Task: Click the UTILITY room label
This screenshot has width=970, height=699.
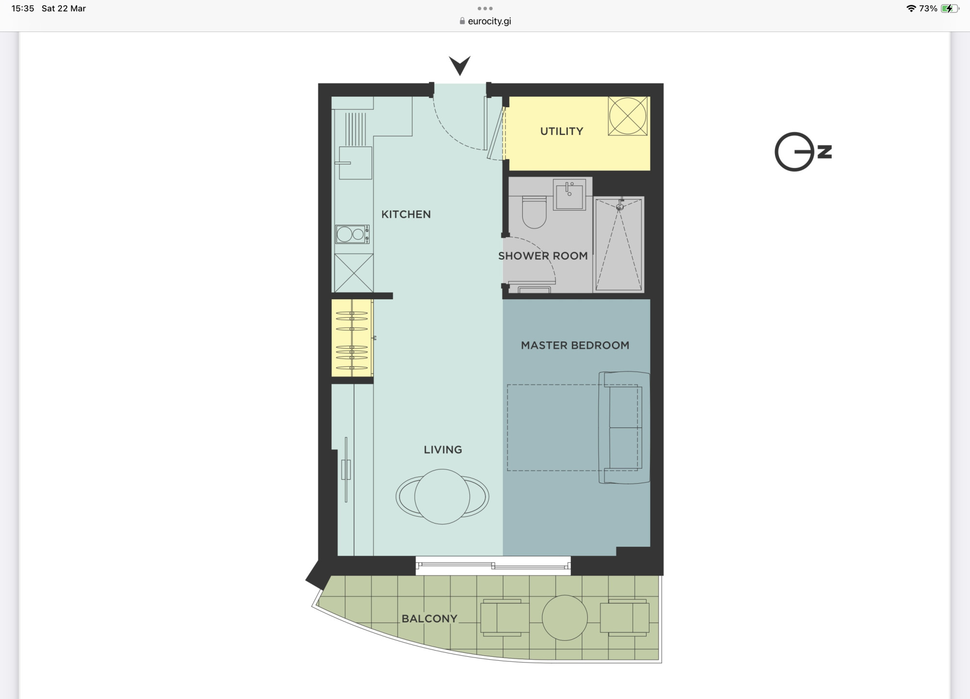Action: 562,131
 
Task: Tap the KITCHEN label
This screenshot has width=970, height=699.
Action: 406,214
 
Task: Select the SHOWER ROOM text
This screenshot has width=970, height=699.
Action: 543,256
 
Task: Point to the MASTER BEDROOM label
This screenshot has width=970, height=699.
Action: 575,345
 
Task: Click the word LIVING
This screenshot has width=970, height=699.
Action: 443,450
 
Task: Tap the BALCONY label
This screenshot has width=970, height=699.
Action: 429,618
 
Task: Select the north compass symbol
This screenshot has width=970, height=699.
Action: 803,151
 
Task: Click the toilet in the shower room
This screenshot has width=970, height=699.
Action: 534,211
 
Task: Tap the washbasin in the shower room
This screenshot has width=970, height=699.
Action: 570,195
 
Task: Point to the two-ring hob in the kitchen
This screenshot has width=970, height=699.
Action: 353,234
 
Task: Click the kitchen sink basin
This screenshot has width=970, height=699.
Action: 356,163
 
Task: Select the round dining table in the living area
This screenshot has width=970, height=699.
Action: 442,497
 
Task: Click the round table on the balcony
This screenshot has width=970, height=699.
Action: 565,618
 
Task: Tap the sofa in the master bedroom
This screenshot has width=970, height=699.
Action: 624,427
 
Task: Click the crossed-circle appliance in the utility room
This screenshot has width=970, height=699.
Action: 628,116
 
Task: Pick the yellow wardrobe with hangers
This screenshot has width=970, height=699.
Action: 352,338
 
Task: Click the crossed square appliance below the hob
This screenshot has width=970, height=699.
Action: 354,273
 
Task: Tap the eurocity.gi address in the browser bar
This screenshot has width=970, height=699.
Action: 489,21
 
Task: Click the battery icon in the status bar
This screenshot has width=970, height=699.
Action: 950,9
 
